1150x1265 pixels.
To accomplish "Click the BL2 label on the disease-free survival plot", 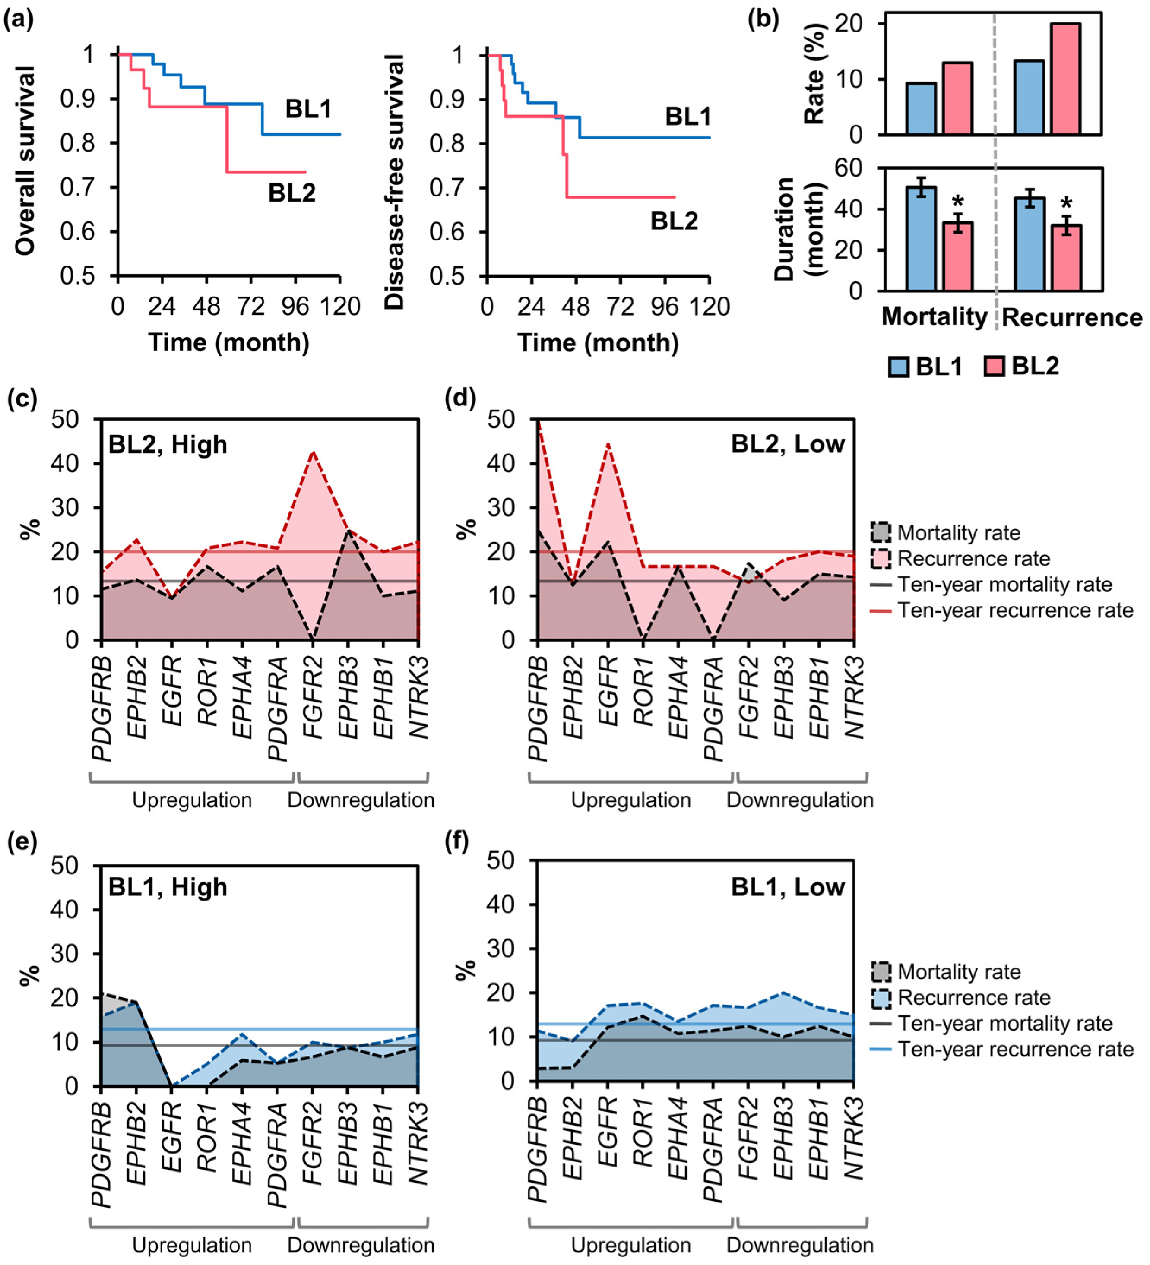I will click(674, 221).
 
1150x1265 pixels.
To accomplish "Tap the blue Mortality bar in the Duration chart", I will click(921, 238).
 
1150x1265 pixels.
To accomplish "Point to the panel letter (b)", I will click(763, 20).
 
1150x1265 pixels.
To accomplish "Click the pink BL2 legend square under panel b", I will click(994, 366).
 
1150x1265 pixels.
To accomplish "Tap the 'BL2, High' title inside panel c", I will click(168, 445).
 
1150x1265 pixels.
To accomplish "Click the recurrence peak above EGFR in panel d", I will click(608, 444).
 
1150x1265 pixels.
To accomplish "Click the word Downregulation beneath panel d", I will click(800, 800).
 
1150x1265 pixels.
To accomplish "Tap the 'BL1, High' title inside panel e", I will click(168, 887).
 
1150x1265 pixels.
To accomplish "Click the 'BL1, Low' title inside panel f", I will click(787, 887).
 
